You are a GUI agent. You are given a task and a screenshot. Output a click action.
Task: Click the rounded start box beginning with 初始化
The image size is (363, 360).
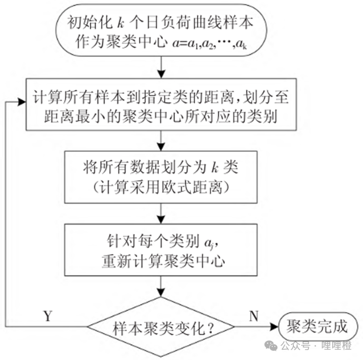pos(163,31)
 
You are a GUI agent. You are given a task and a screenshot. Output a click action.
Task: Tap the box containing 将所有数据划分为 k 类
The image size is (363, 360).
pos(163,177)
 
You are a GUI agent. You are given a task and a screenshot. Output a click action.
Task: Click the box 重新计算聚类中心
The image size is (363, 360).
pos(163,249)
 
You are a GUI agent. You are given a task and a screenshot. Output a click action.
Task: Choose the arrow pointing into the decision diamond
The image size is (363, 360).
pos(163,286)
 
